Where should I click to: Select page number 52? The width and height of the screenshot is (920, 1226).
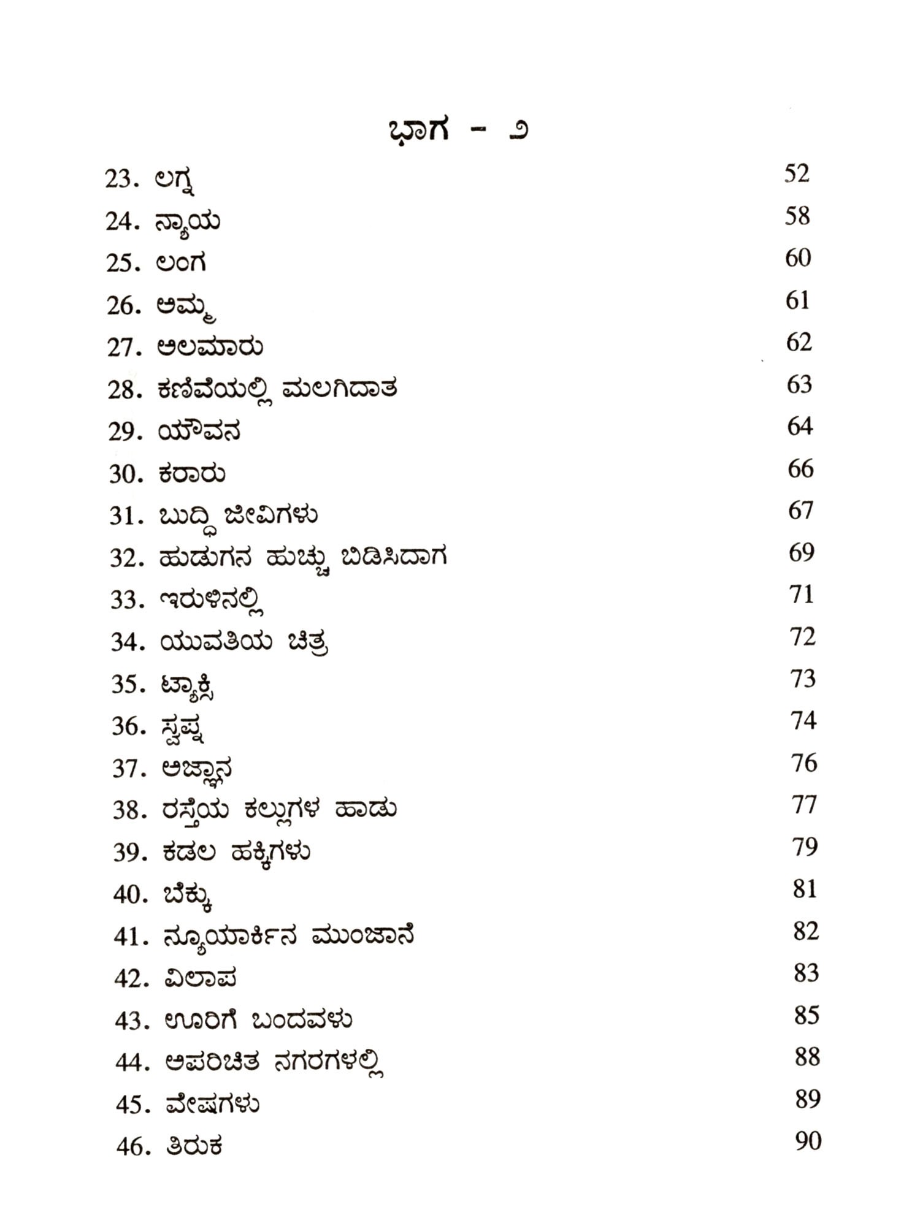click(x=797, y=173)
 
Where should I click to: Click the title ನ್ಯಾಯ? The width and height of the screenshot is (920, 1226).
click(x=188, y=222)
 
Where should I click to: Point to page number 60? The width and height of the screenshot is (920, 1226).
click(x=798, y=258)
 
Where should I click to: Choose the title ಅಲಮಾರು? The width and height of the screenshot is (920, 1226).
click(x=210, y=348)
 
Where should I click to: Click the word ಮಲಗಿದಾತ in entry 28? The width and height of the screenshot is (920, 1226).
click(x=340, y=389)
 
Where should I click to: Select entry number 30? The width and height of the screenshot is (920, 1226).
click(x=125, y=474)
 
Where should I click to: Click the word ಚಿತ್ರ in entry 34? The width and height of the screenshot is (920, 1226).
click(x=307, y=642)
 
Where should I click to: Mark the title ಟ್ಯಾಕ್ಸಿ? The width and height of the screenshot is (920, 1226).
click(x=187, y=685)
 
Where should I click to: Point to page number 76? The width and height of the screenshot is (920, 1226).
click(x=803, y=763)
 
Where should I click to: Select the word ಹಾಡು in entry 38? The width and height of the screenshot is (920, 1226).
click(x=366, y=810)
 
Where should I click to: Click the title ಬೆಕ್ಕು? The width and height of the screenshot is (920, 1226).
click(x=188, y=896)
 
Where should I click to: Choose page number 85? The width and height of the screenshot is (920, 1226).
click(x=807, y=1016)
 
